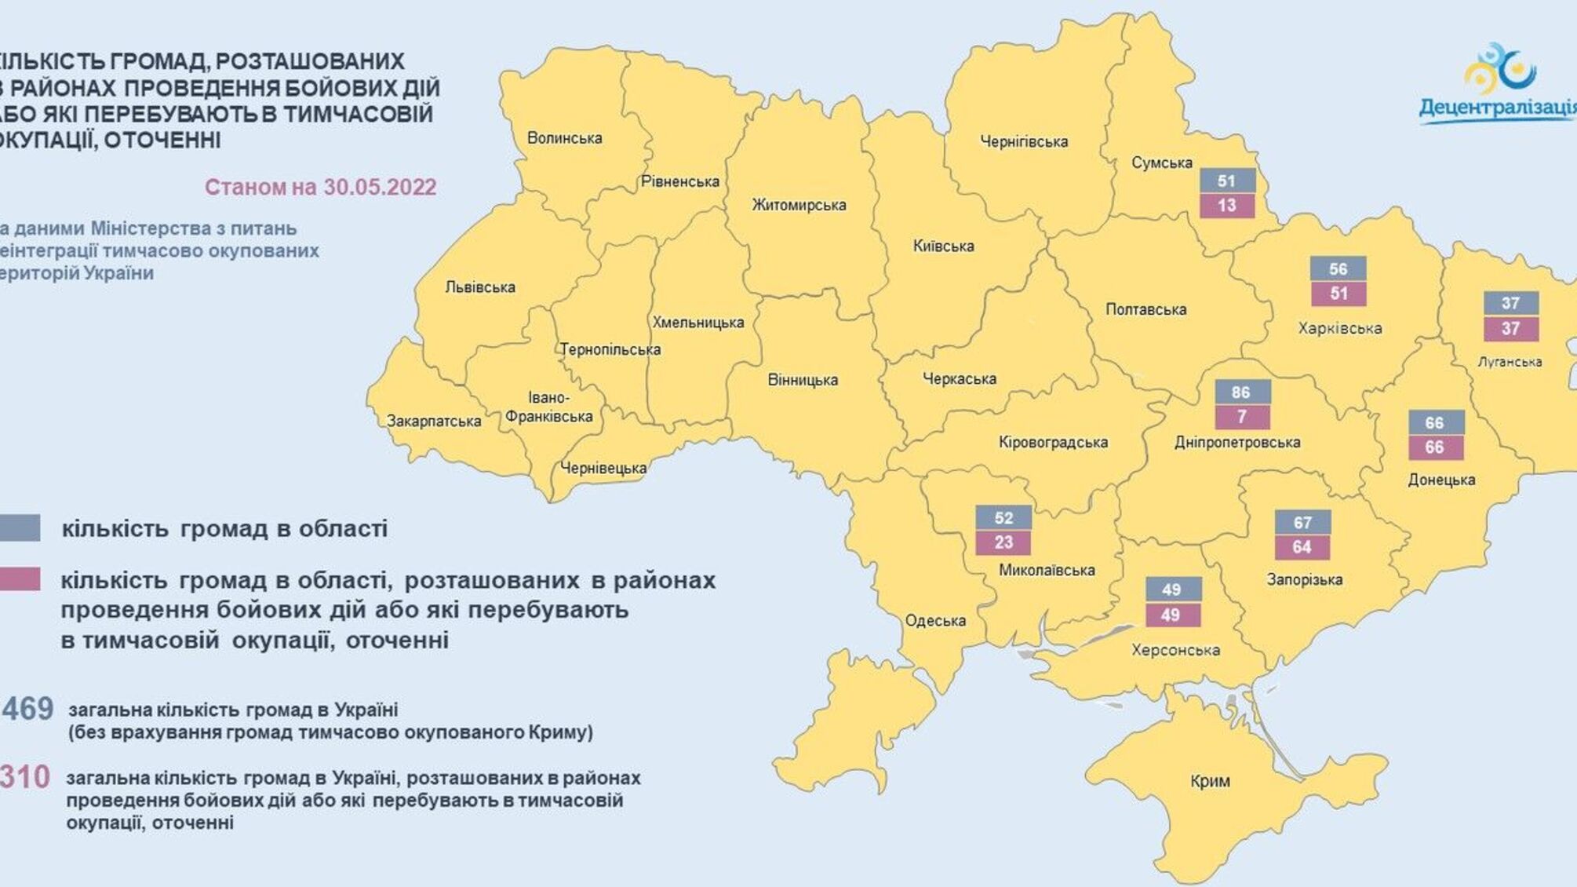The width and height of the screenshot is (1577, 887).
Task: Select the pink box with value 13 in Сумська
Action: (x=1227, y=206)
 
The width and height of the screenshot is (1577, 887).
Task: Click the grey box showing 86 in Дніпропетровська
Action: (x=1241, y=392)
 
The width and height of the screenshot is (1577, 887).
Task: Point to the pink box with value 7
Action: (x=1241, y=417)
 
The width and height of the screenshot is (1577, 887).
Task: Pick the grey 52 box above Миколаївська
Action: (x=1003, y=518)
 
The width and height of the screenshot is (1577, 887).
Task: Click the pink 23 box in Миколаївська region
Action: (x=1003, y=542)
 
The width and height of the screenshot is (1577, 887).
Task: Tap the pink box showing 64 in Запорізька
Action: (x=1302, y=547)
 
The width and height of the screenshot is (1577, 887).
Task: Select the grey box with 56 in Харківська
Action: (x=1338, y=269)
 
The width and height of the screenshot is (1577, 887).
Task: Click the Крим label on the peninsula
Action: (x=1210, y=781)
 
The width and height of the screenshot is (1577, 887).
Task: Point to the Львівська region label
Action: (x=480, y=287)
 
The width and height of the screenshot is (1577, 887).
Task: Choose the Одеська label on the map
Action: (x=935, y=621)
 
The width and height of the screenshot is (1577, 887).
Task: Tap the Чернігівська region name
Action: (x=1024, y=142)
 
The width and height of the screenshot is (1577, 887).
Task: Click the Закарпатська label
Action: (x=434, y=422)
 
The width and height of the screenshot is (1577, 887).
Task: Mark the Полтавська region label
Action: (x=1145, y=309)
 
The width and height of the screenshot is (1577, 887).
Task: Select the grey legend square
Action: (x=20, y=528)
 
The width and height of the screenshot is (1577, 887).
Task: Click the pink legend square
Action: (x=20, y=579)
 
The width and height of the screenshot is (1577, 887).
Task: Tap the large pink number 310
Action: (x=25, y=777)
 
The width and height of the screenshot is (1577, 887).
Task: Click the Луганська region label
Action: (x=1510, y=362)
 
